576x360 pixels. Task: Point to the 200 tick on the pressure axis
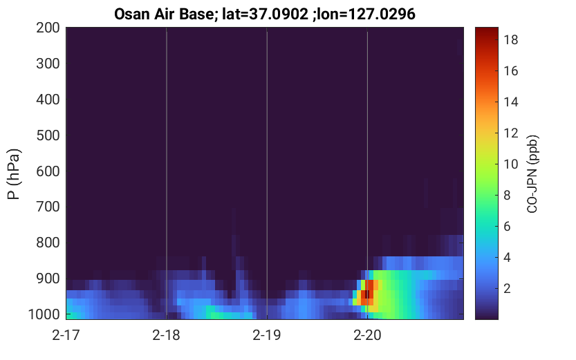[x=48, y=28]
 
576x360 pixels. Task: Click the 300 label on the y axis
[x=48, y=64]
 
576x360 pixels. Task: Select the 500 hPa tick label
[x=48, y=135]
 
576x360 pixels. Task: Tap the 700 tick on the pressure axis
[x=48, y=207]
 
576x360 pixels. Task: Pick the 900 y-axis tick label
[x=48, y=279]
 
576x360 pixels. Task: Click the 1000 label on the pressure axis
[x=44, y=314]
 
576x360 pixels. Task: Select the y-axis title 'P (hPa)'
[x=14, y=174]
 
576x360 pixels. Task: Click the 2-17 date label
[x=66, y=335]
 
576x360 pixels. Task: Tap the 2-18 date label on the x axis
[x=167, y=335]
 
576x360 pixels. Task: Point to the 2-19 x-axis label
[x=267, y=335]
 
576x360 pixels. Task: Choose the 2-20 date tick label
[x=367, y=335]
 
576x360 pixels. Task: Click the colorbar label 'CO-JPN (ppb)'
[x=532, y=174]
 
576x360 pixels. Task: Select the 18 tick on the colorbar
[x=510, y=39]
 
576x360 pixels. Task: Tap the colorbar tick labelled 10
[x=510, y=164]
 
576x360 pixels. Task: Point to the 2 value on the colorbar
[x=507, y=288]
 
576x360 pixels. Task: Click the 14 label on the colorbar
[x=510, y=102]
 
